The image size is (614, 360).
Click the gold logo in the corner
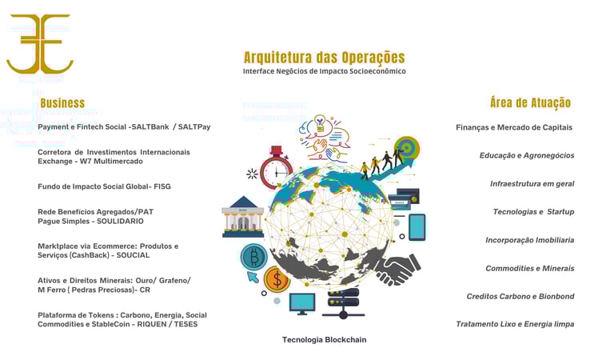click(x=39, y=44)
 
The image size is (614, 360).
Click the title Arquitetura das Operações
click(x=324, y=58)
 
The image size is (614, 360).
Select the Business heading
click(x=62, y=102)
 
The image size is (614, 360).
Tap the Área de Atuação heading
click(x=530, y=102)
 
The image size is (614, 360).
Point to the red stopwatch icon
click(x=277, y=167)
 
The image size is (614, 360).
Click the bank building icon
click(x=242, y=216)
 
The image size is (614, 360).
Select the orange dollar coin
click(x=277, y=279)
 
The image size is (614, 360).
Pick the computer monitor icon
click(x=302, y=303)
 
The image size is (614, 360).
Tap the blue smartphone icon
click(x=417, y=227)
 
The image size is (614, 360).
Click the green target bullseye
click(x=407, y=148)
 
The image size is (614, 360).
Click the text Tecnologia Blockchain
click(x=324, y=340)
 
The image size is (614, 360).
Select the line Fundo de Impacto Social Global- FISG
click(x=104, y=186)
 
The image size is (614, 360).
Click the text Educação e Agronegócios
click(x=527, y=155)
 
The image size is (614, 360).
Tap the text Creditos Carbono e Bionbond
click(x=520, y=296)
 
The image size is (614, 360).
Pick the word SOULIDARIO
click(x=120, y=221)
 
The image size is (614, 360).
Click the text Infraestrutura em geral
click(x=532, y=183)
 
